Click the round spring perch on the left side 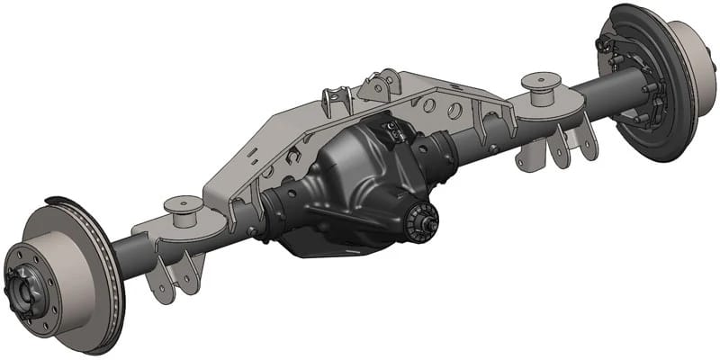[x=185, y=207]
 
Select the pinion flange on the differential [x=418, y=220]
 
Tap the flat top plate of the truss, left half [x=270, y=153]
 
